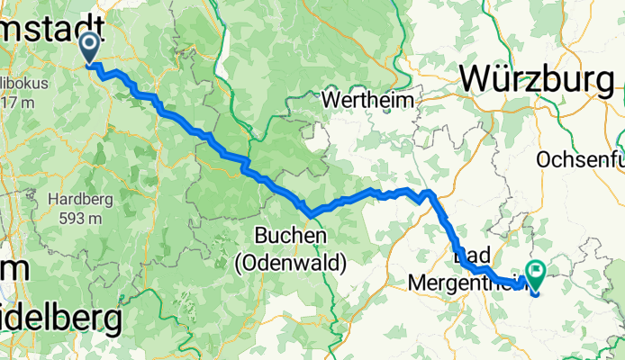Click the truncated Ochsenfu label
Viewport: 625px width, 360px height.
pos(579,159)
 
